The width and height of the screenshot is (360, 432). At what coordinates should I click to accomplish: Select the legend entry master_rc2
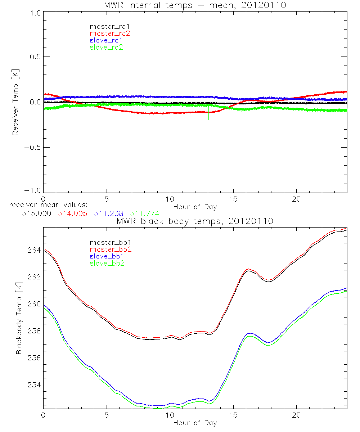109,33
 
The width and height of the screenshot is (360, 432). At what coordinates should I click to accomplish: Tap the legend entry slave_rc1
107,40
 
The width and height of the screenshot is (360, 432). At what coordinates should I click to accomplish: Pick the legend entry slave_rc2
107,47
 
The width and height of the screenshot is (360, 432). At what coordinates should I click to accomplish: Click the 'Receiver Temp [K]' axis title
15,102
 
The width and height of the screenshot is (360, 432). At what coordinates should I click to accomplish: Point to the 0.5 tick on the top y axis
34,57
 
